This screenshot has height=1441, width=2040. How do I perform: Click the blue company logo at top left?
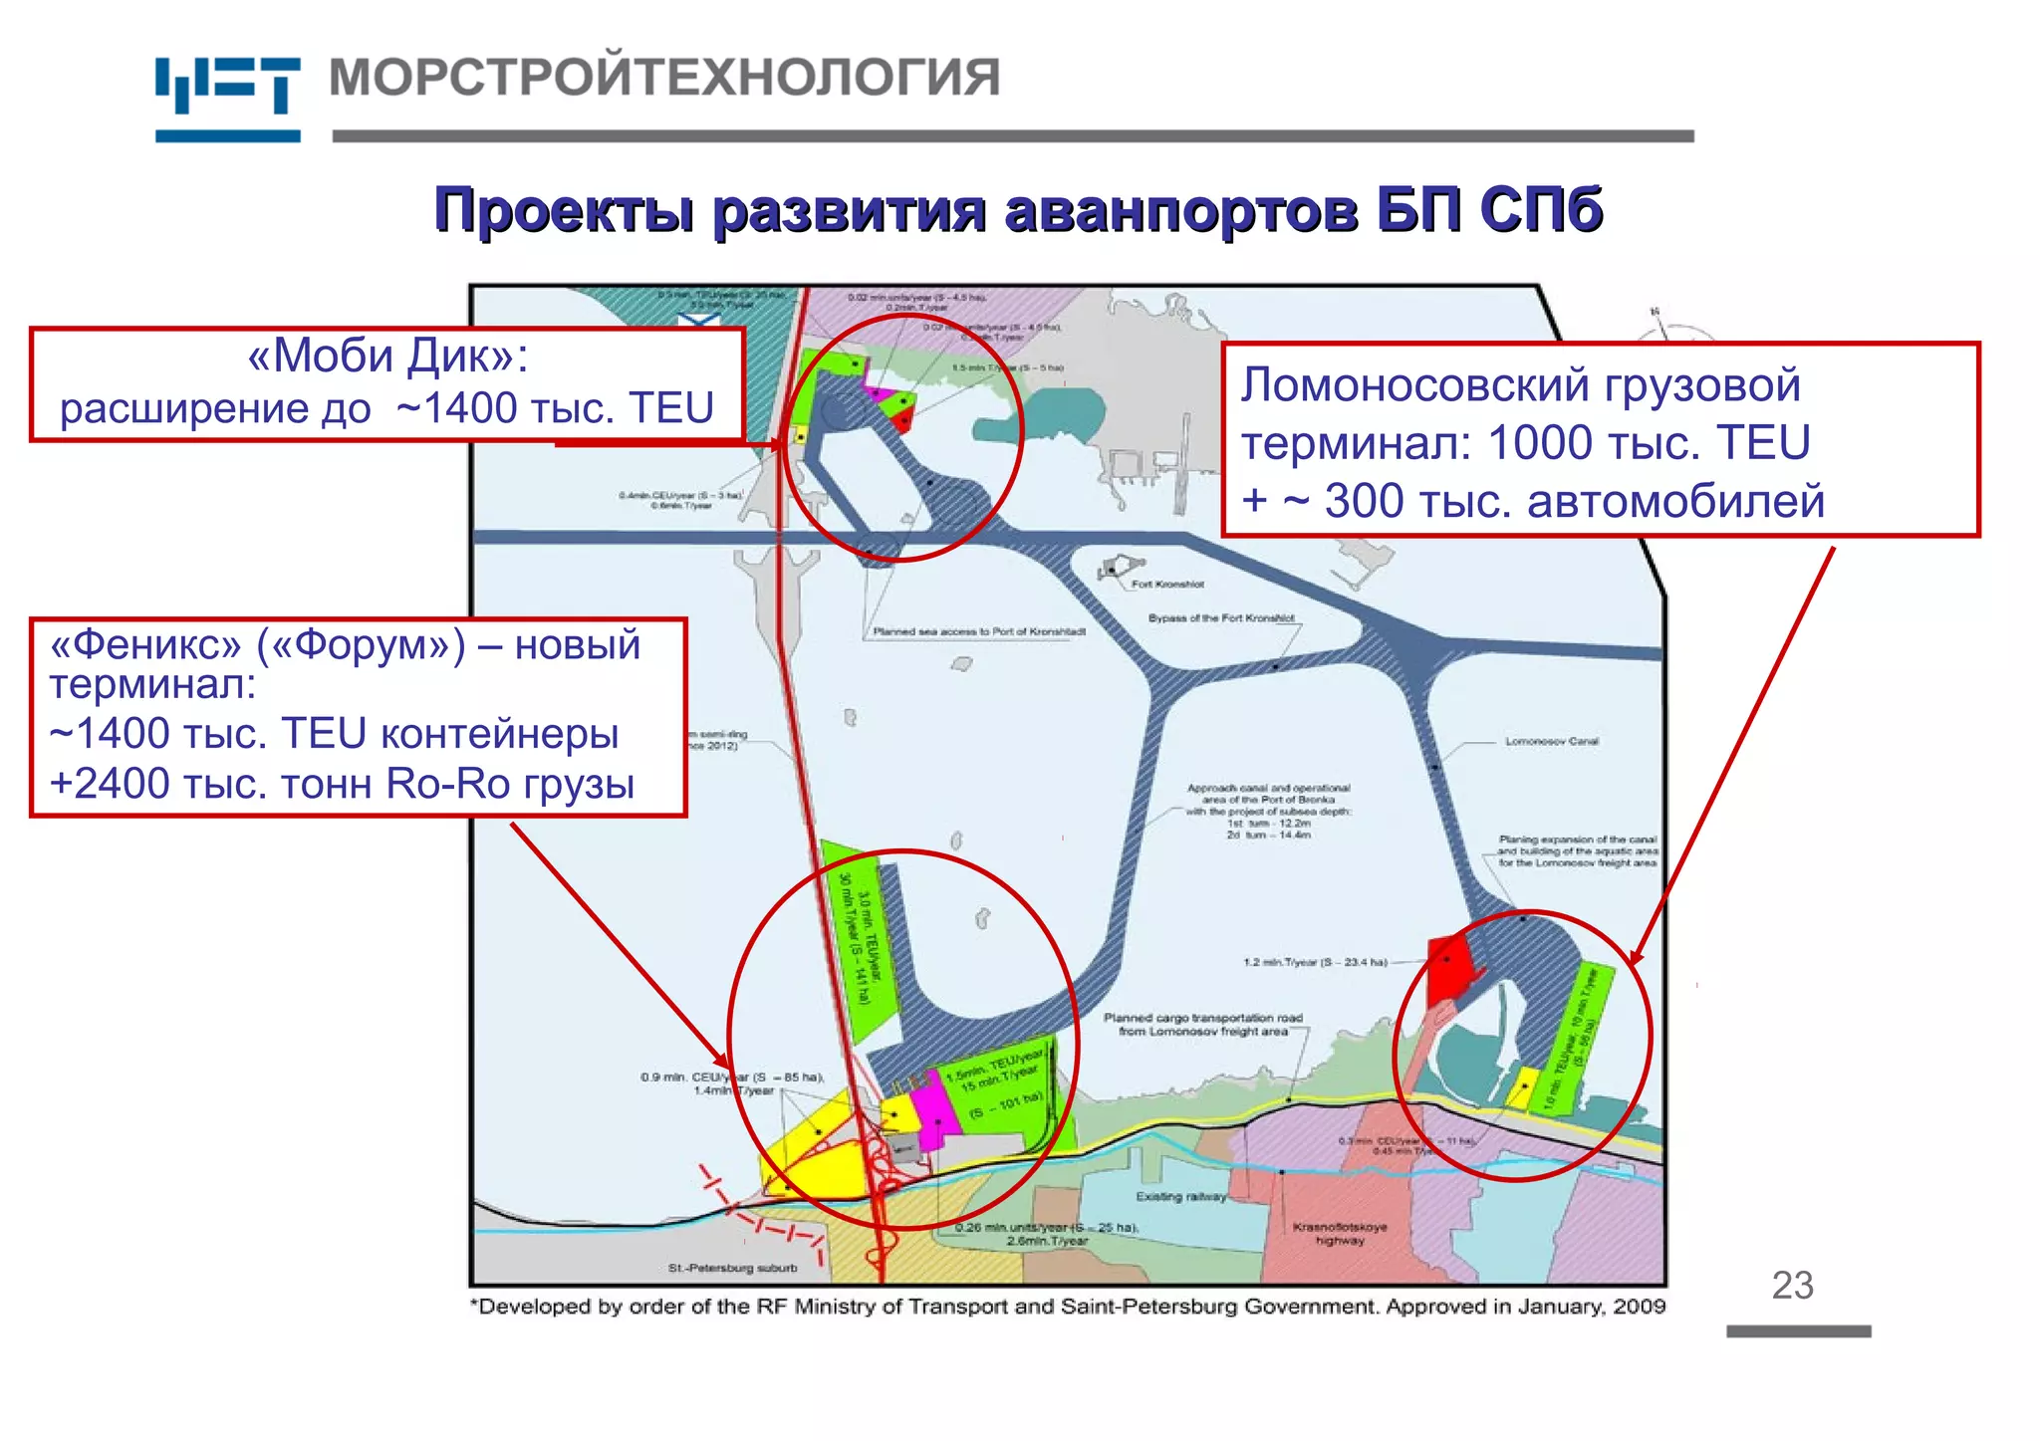click(x=227, y=98)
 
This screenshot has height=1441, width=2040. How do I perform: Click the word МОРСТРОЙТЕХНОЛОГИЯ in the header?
click(x=664, y=78)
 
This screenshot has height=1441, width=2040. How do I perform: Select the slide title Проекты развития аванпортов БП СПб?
click(x=1018, y=210)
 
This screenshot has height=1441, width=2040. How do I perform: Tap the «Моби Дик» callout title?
click(x=387, y=357)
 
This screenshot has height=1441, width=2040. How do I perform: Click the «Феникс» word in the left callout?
click(x=145, y=645)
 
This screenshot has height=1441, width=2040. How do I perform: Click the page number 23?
click(x=1792, y=1286)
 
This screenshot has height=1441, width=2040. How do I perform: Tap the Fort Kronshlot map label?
click(x=1167, y=585)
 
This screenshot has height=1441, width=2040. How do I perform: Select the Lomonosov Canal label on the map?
click(x=1551, y=741)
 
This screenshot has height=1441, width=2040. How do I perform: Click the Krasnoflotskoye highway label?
click(x=1340, y=1233)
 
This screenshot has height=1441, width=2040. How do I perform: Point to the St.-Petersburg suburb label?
click(x=732, y=1268)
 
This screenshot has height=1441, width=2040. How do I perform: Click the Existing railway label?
click(x=1181, y=1196)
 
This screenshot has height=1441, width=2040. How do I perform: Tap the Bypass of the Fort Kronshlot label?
click(x=1220, y=618)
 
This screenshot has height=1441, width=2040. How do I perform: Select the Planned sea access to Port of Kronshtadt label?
click(x=978, y=631)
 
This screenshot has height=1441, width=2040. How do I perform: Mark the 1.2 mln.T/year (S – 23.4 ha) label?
click(x=1315, y=962)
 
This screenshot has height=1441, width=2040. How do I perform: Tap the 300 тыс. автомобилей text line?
click(x=1574, y=501)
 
